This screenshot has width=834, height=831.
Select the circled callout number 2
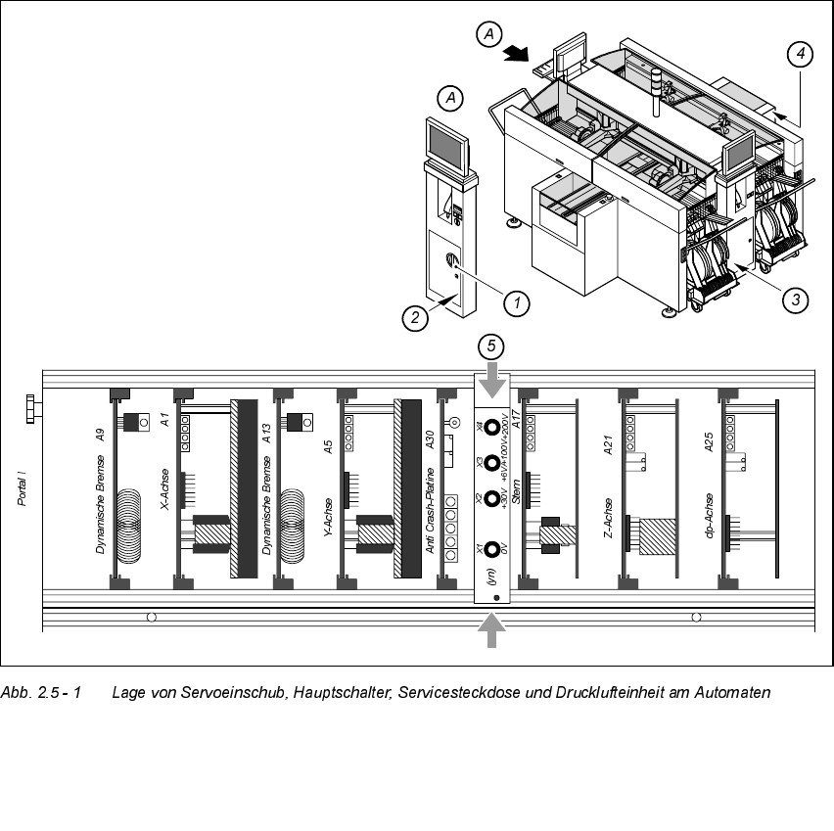tap(415, 316)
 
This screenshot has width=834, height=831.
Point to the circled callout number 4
tap(801, 55)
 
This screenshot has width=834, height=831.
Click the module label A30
tap(430, 438)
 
